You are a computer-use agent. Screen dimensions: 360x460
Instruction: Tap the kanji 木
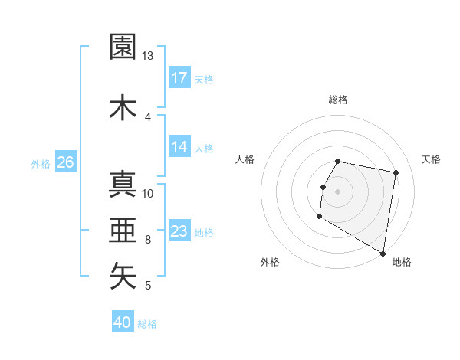coord(123,106)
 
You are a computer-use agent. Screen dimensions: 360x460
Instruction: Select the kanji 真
coord(123,184)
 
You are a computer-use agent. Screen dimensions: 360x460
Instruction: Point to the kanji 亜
coord(123,230)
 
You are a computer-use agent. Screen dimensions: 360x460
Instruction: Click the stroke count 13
coord(148,56)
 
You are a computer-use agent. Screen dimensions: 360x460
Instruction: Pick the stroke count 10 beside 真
coord(148,193)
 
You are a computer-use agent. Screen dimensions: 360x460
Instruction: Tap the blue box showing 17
coord(179,78)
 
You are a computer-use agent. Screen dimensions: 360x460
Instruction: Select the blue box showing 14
coord(179,147)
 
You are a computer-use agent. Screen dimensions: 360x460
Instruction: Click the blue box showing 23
coord(179,231)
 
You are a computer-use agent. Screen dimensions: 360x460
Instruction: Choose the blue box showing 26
coord(65,162)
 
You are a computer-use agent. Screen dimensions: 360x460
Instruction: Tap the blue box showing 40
coord(123,322)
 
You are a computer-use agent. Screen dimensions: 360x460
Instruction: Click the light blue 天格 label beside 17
coord(204,80)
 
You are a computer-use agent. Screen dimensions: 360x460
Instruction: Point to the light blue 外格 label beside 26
coord(41,163)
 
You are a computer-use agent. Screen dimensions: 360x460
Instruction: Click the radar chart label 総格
coord(338,100)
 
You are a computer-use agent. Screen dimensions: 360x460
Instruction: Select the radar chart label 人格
coord(245,159)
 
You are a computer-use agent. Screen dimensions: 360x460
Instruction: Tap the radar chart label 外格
coord(270,262)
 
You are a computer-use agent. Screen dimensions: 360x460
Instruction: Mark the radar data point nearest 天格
coord(396,173)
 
